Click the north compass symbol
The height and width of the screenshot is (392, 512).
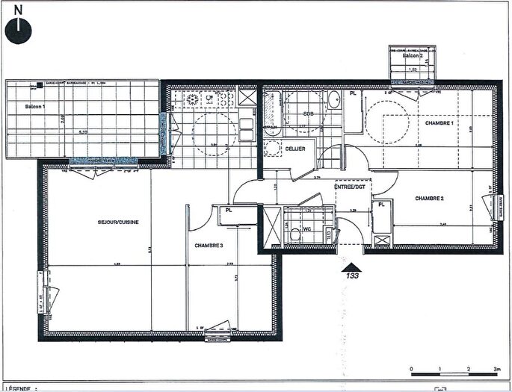point(18,30)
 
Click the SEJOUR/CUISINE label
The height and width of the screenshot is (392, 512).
point(118,222)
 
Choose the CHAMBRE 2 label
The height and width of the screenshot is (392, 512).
point(430,199)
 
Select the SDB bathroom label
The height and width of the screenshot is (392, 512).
point(307,113)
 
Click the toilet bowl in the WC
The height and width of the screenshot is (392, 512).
point(289,229)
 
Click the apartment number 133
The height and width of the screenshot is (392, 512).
point(351,276)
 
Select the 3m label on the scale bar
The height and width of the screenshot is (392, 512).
point(496,369)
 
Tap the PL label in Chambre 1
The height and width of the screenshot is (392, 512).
point(353,94)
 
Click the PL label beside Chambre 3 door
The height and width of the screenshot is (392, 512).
point(226,211)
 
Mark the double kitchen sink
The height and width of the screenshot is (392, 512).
point(245,98)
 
